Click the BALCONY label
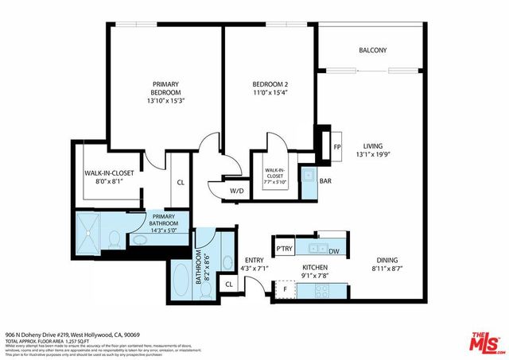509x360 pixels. [x=372, y=50]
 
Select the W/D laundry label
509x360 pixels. [x=236, y=191]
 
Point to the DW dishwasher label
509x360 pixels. [x=334, y=250]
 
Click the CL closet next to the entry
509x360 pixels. [x=228, y=284]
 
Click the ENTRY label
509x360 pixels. [x=254, y=260]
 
